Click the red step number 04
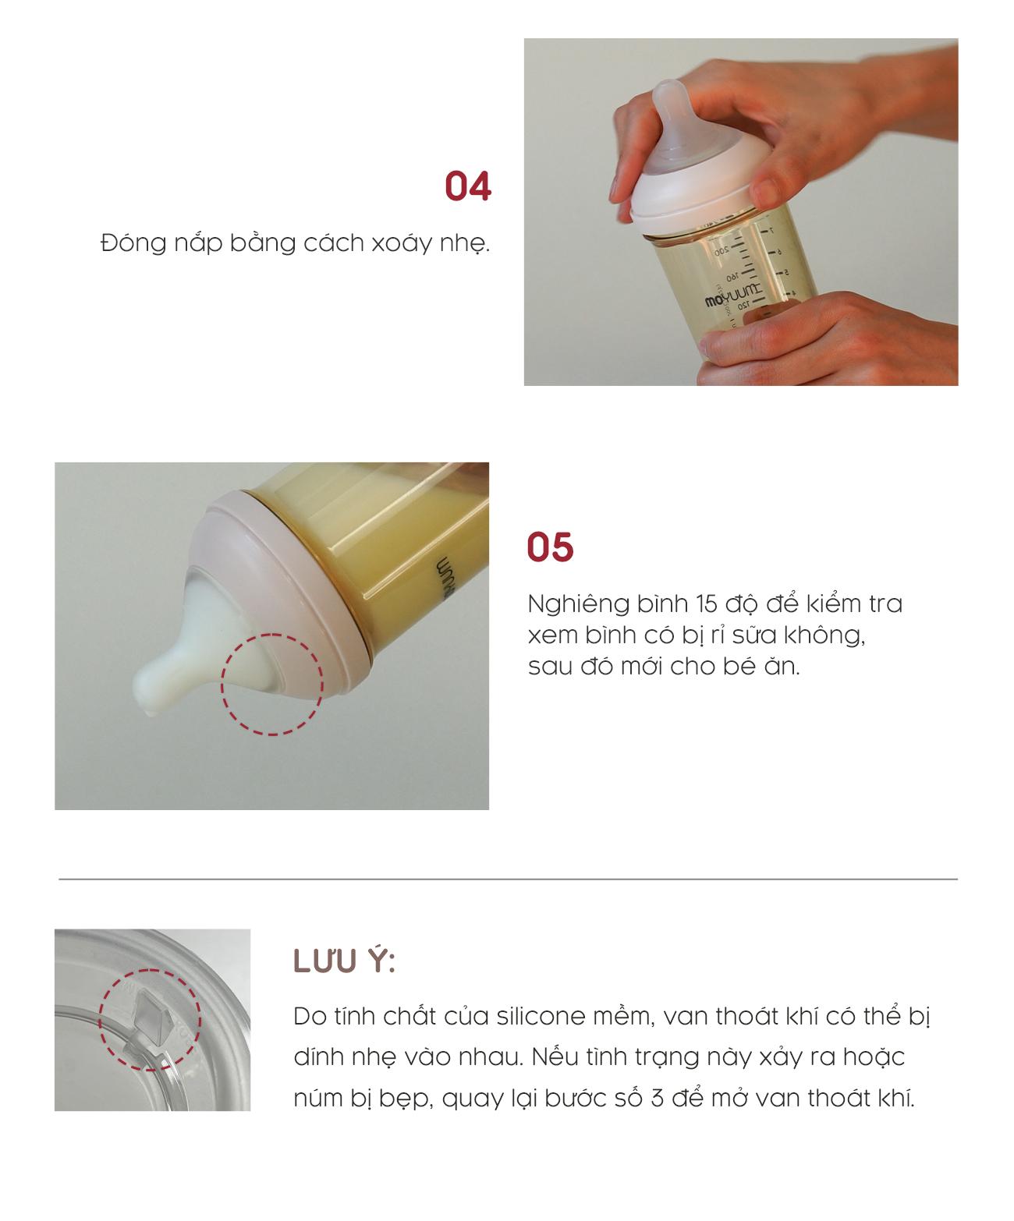pyautogui.click(x=467, y=186)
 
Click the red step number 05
pyautogui.click(x=550, y=547)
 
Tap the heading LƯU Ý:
pyautogui.click(x=344, y=961)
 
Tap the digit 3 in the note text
pyautogui.click(x=658, y=1098)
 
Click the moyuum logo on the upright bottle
pyautogui.click(x=733, y=296)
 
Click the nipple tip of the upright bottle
pyautogui.click(x=671, y=91)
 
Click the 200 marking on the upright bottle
pyautogui.click(x=722, y=251)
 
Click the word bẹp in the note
pyautogui.click(x=406, y=1099)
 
